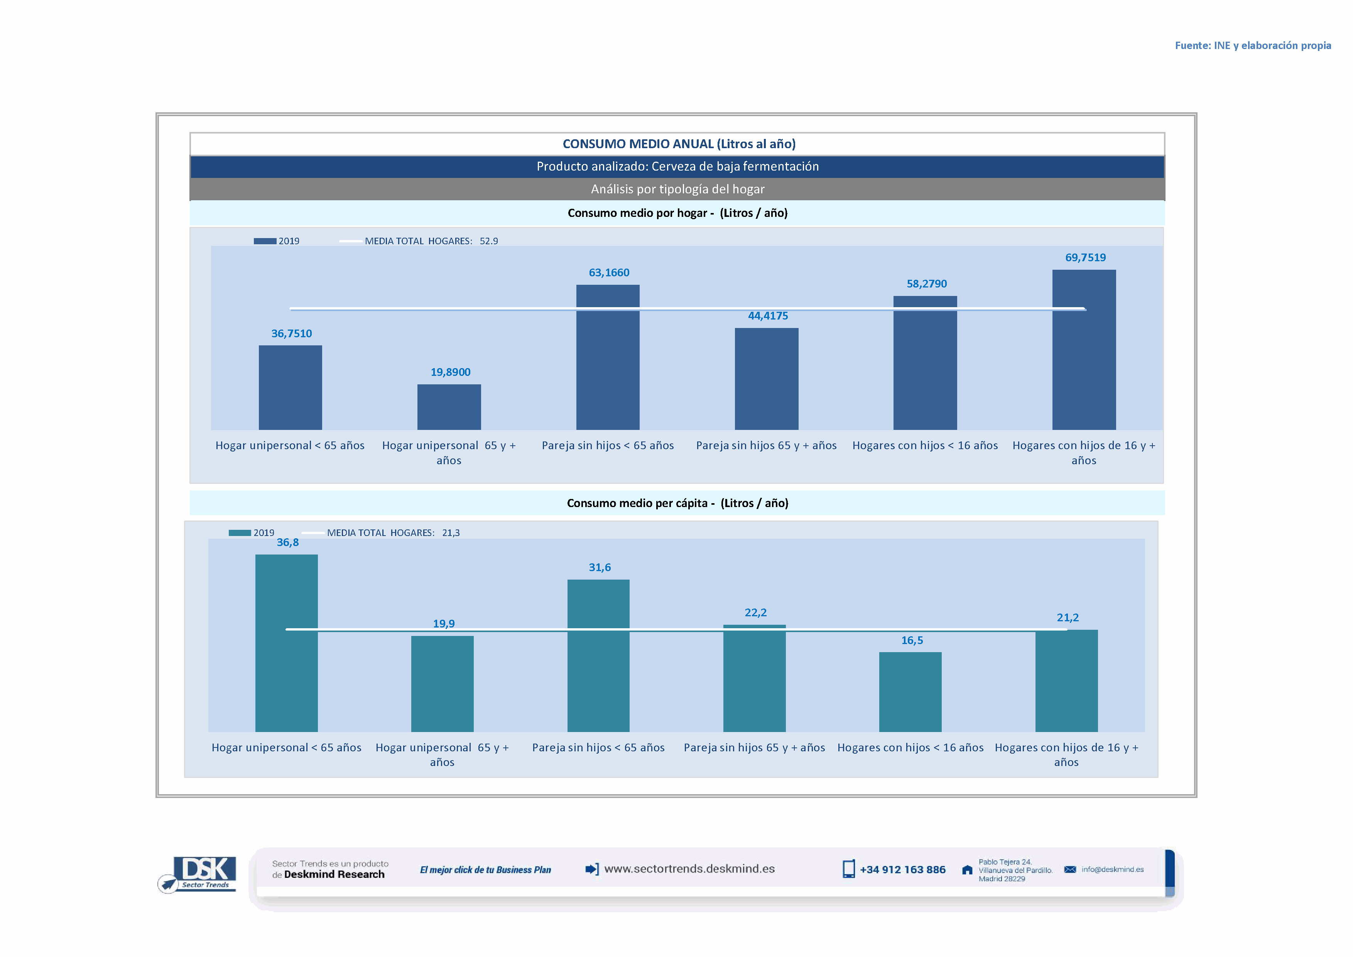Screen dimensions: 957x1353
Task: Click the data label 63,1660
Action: coord(609,273)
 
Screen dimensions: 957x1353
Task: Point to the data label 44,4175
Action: coord(768,316)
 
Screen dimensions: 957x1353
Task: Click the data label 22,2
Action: coord(755,613)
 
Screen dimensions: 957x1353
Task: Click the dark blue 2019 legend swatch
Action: coord(265,241)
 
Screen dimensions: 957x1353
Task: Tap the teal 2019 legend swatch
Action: coord(240,533)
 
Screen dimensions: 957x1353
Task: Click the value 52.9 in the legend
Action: coord(488,241)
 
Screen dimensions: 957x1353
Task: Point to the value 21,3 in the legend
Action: coord(451,533)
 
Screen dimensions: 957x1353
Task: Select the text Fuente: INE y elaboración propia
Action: coord(1253,46)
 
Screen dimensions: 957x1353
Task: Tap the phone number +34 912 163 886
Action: coord(902,870)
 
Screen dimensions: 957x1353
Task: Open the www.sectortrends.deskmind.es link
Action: coord(689,869)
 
